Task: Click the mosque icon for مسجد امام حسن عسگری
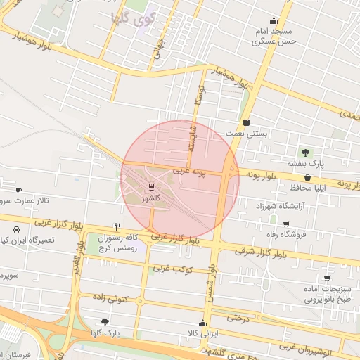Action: (x=274, y=21)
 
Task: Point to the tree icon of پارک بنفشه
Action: (x=305, y=152)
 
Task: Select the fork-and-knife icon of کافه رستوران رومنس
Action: (x=117, y=227)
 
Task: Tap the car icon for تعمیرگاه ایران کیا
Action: (x=16, y=230)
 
